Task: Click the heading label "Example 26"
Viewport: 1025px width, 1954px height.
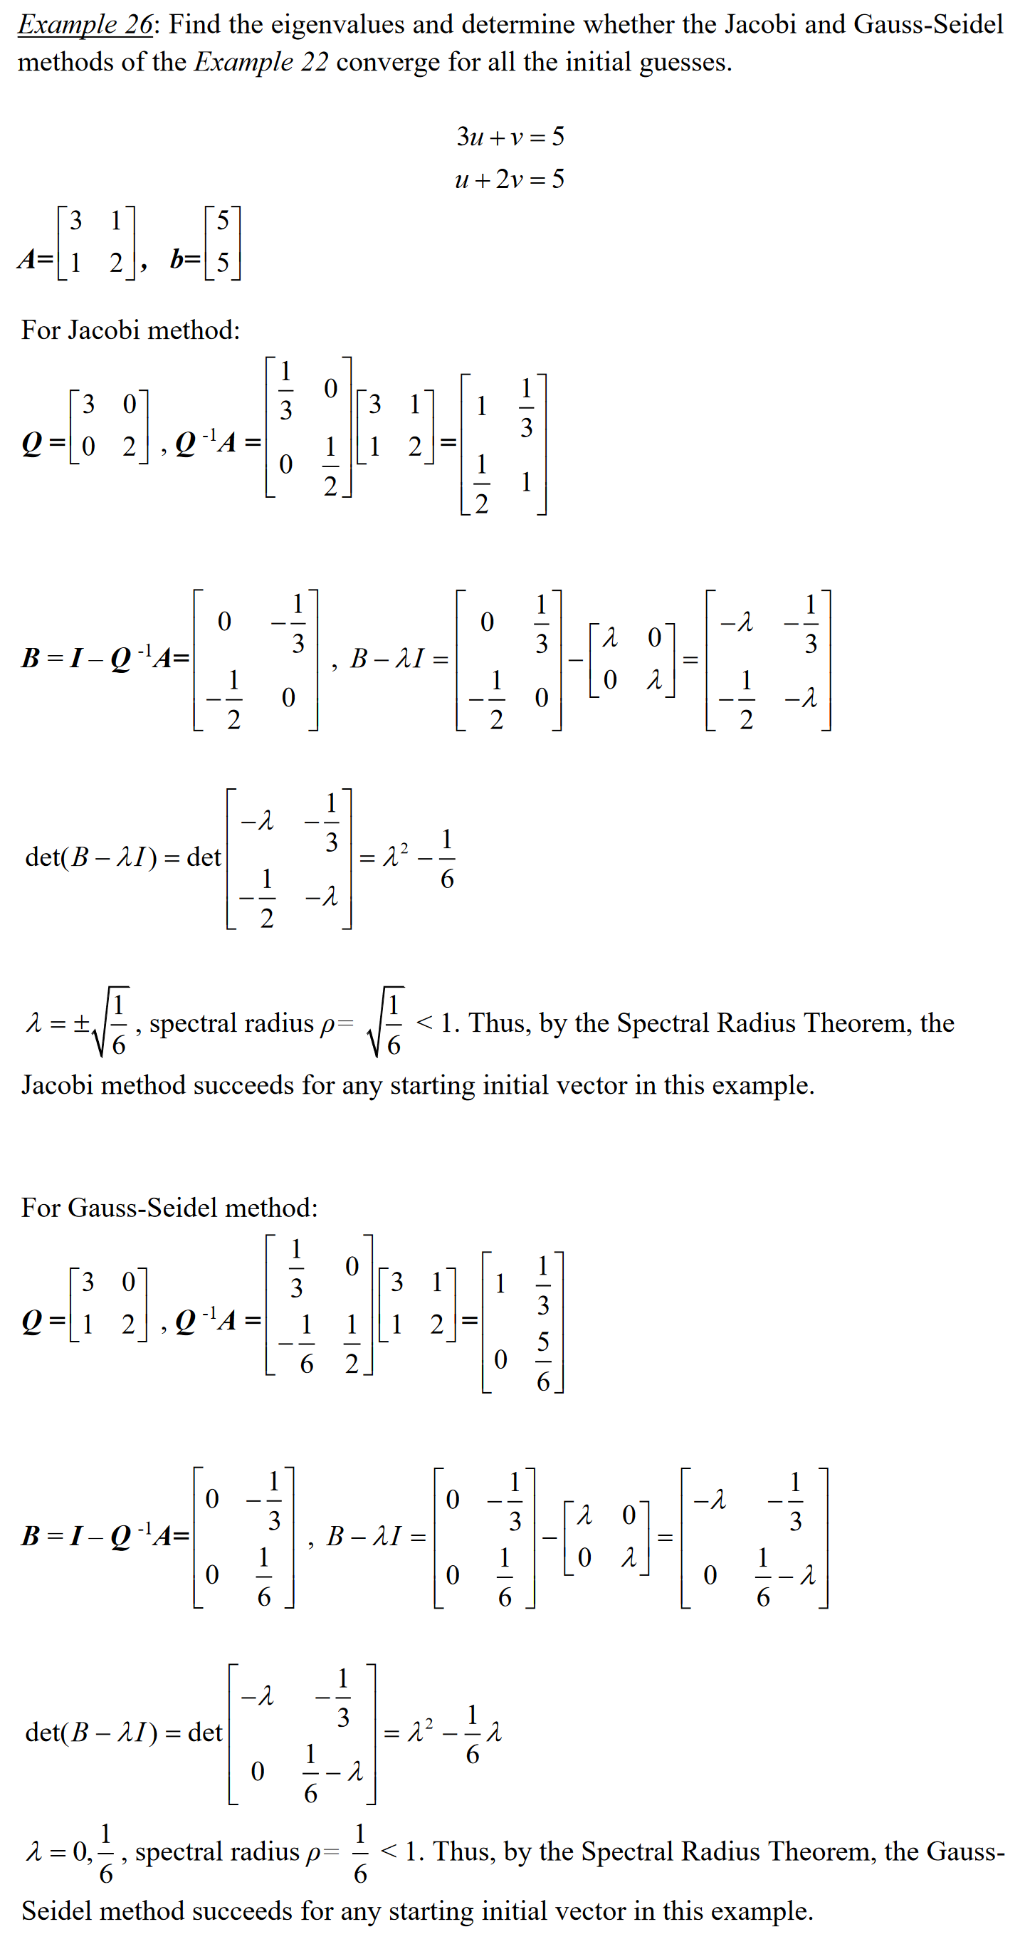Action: click(85, 24)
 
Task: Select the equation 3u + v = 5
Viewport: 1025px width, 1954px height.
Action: click(510, 137)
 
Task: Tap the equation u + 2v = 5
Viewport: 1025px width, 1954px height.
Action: click(510, 179)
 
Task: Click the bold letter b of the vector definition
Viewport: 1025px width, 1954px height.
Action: click(176, 259)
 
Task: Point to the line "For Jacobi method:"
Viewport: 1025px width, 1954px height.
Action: click(130, 330)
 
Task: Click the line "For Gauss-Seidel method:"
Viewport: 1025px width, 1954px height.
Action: click(169, 1207)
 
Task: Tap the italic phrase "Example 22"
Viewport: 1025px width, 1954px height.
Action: click(261, 62)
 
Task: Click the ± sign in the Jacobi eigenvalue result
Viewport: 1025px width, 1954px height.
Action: click(81, 1023)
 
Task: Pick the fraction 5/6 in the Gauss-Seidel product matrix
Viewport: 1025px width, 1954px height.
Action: click(543, 1362)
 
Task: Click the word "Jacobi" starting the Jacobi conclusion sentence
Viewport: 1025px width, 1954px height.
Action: click(57, 1085)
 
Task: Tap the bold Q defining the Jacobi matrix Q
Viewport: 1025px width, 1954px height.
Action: click(32, 443)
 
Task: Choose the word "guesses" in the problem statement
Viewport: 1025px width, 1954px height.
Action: click(685, 62)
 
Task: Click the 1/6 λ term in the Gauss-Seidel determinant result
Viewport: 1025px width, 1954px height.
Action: click(482, 1733)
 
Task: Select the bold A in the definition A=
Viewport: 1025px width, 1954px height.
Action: click(27, 259)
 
